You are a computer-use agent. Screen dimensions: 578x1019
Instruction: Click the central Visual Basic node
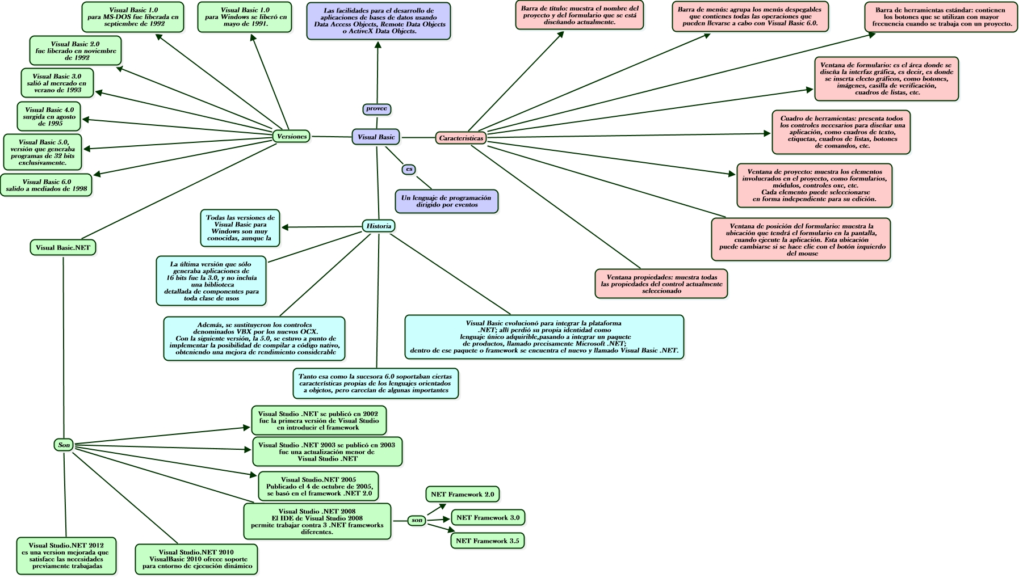tap(376, 137)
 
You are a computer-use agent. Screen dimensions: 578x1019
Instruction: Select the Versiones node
tap(291, 136)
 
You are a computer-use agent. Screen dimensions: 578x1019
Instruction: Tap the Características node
tap(461, 138)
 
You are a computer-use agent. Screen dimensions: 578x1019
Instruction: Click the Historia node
tap(379, 226)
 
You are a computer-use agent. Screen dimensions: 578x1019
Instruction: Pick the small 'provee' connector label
tap(377, 108)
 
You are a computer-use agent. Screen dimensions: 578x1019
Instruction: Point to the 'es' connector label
tap(409, 169)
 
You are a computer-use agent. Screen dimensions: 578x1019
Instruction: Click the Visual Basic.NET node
tap(63, 247)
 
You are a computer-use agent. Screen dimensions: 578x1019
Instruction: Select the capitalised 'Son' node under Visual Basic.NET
tap(64, 445)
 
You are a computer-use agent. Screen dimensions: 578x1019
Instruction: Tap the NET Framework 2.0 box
tap(462, 494)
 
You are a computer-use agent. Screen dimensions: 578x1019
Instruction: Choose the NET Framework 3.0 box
tap(488, 517)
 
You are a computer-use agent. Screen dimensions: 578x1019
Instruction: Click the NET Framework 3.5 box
tap(487, 541)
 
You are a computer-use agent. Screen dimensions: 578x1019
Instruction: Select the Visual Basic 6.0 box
tap(47, 185)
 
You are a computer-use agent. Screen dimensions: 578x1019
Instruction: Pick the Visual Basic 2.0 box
tap(75, 50)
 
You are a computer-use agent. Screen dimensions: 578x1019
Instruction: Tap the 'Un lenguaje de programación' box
tap(446, 201)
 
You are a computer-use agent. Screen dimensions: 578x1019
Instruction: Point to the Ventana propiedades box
tap(661, 284)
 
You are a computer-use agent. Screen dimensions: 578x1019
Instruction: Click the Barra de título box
tap(579, 15)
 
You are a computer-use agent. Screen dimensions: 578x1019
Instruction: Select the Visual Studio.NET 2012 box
tap(68, 555)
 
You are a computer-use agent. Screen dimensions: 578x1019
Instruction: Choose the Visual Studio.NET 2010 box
tap(196, 559)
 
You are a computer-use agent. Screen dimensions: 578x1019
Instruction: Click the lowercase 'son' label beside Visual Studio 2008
tap(417, 520)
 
